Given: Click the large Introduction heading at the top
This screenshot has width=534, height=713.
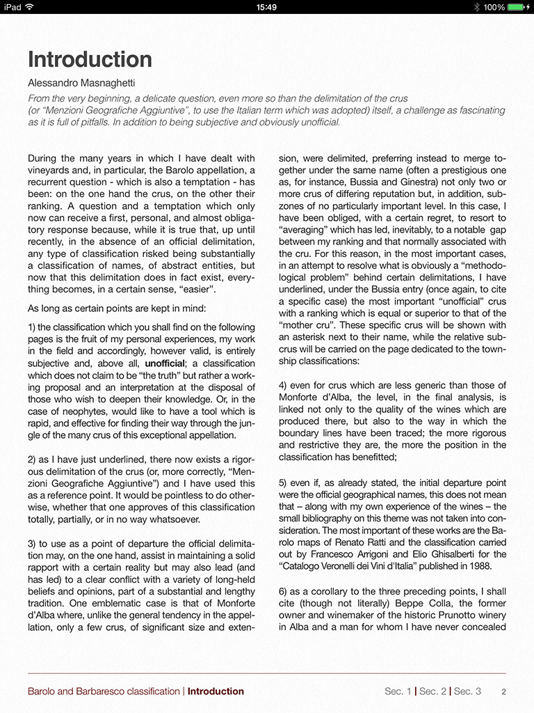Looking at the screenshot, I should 90,59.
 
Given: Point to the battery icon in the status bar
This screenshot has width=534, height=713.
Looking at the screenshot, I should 519,7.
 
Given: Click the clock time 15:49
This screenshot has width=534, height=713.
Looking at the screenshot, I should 266,7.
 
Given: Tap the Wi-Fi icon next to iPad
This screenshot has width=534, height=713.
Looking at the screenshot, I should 29,7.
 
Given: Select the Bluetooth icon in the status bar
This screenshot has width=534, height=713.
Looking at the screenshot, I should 476,7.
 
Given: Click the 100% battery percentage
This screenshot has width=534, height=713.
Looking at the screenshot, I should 494,7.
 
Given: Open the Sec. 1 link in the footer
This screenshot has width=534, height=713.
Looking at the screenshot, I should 398,691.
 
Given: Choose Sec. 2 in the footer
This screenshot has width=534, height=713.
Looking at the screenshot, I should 432,691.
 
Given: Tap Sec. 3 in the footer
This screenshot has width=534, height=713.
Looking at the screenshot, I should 467,691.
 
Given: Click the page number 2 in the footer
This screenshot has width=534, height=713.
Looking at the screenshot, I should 503,692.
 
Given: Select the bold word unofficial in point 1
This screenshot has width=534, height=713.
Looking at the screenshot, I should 165,363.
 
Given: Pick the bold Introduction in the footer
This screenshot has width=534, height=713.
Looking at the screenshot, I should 216,691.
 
